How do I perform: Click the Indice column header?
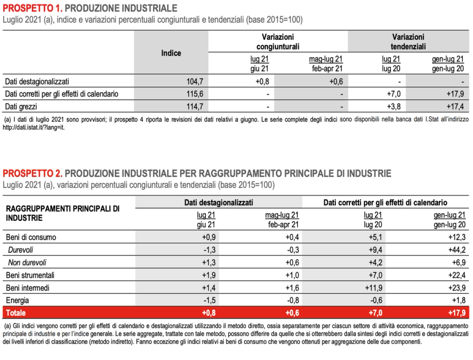[x=171, y=53]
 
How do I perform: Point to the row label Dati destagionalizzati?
[x=37, y=81]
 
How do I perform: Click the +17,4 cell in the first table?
[x=455, y=107]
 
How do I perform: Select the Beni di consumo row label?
[x=30, y=237]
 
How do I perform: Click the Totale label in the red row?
[x=16, y=313]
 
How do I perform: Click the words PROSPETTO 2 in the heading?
[x=33, y=173]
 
